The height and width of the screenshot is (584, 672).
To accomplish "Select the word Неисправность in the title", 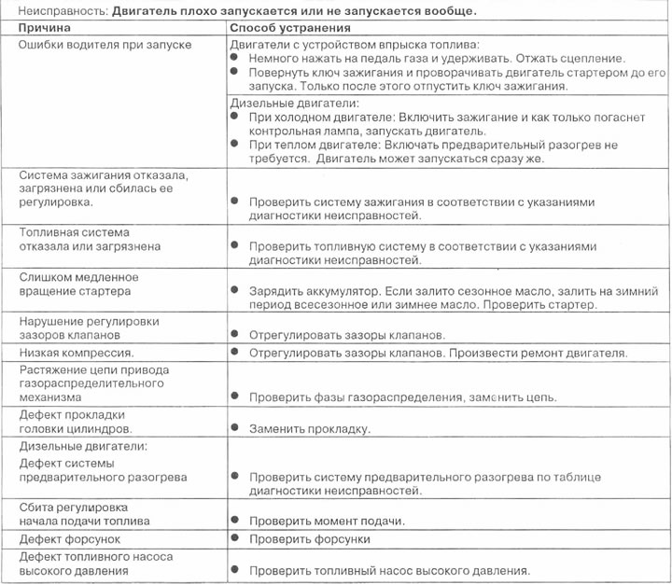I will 55,10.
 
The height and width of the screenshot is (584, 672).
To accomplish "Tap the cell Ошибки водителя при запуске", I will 105,45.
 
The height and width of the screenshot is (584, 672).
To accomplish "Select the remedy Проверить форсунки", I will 309,539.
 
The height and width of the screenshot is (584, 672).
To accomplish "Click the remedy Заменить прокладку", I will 309,429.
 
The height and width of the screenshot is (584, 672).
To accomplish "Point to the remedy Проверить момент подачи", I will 326,521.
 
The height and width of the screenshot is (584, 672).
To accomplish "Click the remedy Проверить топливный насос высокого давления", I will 389,570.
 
